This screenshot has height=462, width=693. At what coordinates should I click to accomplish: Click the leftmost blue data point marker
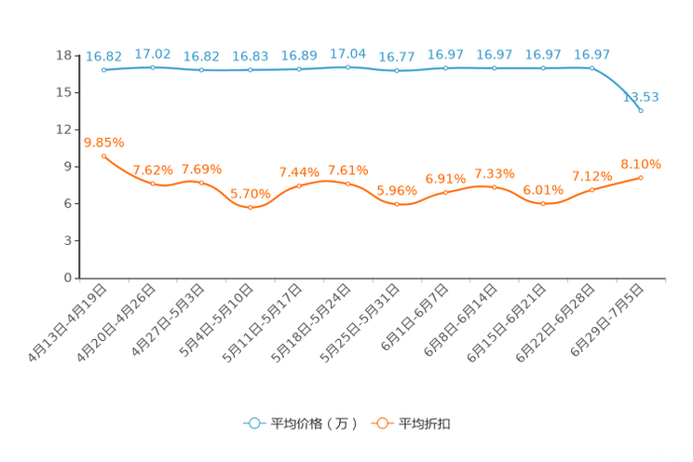(103, 70)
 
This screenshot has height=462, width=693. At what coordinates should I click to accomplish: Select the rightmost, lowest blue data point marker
(641, 111)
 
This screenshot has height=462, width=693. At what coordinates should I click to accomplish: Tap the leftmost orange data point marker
(103, 156)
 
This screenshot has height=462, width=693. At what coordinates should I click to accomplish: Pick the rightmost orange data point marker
(641, 177)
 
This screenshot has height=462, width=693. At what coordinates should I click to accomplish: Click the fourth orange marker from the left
(250, 208)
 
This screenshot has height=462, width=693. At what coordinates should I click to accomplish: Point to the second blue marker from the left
(153, 67)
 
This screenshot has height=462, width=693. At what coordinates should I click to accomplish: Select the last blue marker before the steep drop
(591, 67)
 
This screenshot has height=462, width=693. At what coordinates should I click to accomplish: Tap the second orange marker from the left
(153, 184)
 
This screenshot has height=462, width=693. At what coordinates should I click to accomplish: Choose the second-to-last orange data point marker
(591, 189)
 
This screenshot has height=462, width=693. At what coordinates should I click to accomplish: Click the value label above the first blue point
(103, 56)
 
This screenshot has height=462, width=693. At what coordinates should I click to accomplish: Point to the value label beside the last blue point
(641, 96)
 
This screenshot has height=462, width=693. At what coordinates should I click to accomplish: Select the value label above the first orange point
(103, 142)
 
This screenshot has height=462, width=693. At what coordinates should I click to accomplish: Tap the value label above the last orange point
(641, 164)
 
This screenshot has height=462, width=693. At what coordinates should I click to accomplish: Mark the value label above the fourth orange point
(250, 193)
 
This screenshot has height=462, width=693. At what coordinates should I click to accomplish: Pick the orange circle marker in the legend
(381, 423)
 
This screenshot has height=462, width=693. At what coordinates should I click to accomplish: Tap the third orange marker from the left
(201, 183)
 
